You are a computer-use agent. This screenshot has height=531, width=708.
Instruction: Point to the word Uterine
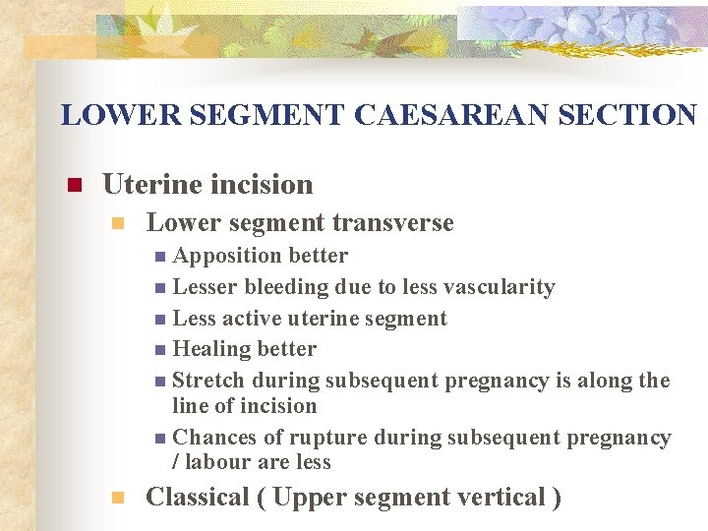[x=149, y=184]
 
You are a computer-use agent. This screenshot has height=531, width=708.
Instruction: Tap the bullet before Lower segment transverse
[x=119, y=224]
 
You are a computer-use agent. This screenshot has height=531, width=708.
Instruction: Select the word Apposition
[x=216, y=256]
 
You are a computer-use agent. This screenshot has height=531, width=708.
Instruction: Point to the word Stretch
[x=208, y=381]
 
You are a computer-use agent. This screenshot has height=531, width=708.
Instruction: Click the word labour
[x=217, y=462]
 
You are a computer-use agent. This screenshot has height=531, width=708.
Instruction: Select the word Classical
[x=197, y=498]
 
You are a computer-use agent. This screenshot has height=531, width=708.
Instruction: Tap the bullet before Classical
[x=119, y=499]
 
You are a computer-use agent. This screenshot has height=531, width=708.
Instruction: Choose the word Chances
[x=212, y=438]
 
